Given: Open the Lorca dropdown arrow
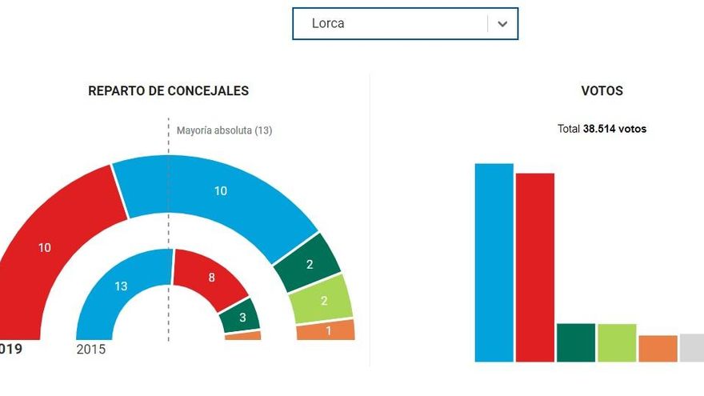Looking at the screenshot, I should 502,24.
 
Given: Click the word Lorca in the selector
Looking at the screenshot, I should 328,23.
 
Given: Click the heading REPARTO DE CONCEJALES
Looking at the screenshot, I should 168,91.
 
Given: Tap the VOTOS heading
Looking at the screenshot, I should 602,91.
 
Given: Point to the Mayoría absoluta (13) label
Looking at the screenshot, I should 224,130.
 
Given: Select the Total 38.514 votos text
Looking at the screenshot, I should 602,129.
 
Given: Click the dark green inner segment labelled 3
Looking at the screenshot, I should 242,316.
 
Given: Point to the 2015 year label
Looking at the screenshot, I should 90,350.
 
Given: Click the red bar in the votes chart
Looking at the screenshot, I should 534,267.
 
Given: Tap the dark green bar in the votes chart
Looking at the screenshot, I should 576,342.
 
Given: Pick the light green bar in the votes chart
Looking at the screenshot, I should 617,342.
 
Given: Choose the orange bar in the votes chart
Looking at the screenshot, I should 658,348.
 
